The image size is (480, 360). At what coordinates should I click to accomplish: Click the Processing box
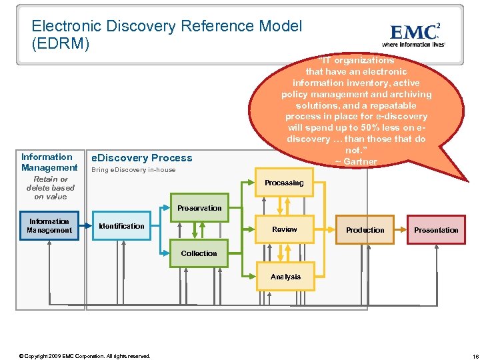point(284,183)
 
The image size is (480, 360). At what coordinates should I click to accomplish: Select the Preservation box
point(199,208)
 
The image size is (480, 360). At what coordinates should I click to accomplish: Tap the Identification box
point(121,227)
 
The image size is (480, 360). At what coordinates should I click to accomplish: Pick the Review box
point(285,229)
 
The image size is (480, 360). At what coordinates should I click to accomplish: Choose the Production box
point(365,230)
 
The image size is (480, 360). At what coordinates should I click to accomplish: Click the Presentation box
point(436,230)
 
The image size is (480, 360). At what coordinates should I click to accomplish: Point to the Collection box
point(199,253)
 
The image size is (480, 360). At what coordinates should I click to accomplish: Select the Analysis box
point(285,277)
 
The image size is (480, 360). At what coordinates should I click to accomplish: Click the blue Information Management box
point(49,226)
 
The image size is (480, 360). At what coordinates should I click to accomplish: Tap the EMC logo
point(414,32)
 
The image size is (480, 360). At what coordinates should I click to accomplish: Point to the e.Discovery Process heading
point(141,158)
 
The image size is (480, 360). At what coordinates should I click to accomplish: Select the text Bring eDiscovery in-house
point(133,170)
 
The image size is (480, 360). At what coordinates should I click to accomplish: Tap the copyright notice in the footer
point(85,356)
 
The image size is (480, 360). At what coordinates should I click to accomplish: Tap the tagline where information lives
point(413,45)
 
